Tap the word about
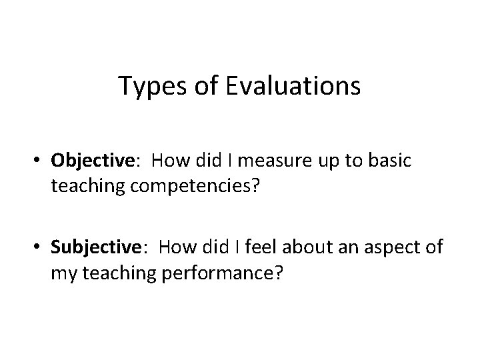point(313,249)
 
